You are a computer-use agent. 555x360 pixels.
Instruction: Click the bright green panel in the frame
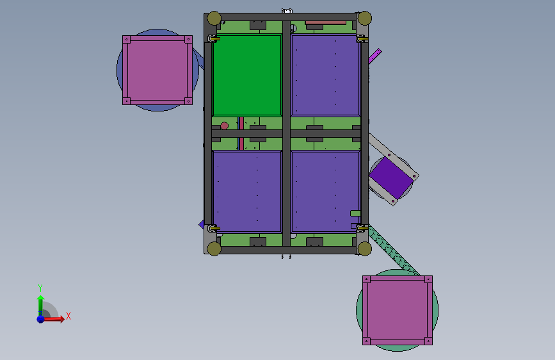247,75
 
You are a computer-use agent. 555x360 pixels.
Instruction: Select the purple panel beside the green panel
326,75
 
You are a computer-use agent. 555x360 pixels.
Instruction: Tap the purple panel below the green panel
247,192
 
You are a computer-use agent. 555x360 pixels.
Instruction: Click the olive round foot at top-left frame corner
214,19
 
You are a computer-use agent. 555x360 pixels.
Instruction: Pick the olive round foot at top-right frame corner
365,19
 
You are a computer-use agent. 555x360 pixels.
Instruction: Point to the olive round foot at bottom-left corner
214,249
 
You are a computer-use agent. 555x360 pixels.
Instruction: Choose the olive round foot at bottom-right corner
365,249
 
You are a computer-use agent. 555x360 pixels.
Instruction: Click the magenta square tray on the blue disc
157,70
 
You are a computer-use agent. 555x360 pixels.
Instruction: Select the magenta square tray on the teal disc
398,311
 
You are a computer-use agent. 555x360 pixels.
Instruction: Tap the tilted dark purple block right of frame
391,178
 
